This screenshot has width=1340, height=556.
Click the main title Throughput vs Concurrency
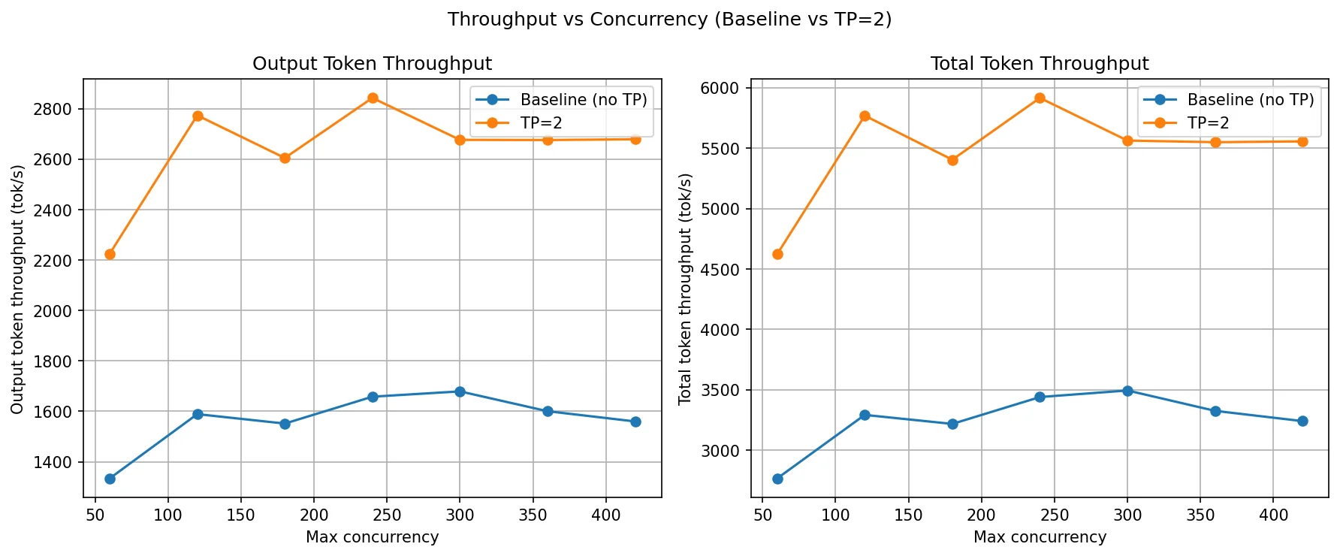point(669,20)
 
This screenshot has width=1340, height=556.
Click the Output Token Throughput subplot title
point(372,64)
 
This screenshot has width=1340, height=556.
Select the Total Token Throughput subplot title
point(1040,64)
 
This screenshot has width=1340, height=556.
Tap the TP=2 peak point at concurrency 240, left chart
point(373,98)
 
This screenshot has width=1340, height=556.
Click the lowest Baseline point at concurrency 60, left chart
point(110,479)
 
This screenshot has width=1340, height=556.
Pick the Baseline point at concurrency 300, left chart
point(460,391)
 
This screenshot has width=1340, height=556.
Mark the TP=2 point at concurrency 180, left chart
point(285,158)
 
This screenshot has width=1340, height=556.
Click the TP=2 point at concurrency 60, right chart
point(777,254)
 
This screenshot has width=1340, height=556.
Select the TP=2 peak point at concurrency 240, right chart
point(1040,98)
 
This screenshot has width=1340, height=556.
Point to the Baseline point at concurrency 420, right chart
point(1302,421)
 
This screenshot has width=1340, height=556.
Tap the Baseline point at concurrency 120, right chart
point(865,415)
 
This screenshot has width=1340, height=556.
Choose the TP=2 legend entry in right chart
point(1208,122)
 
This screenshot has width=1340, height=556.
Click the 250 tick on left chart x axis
point(387,515)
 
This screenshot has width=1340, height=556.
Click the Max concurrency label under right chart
point(1040,537)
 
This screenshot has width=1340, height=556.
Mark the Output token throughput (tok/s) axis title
point(17,289)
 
